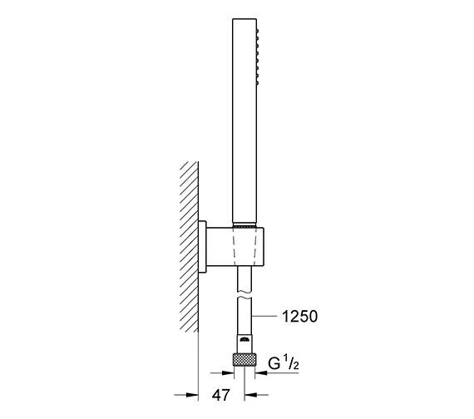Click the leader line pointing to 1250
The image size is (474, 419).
266,316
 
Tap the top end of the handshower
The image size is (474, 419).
244,27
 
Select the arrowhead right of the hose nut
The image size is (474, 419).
259,373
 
